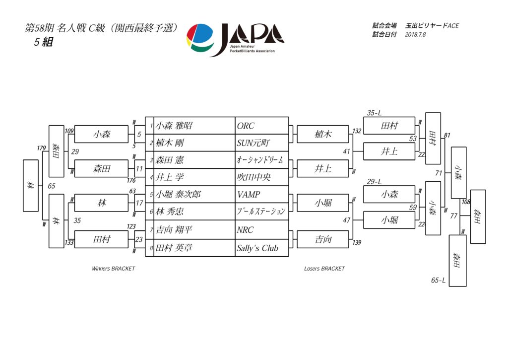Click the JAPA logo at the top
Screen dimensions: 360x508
coord(235,39)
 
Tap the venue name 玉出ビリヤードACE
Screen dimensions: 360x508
coord(432,25)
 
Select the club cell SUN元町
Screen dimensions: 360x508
coord(254,144)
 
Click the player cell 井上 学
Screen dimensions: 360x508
coord(171,177)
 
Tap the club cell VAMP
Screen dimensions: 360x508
coord(249,195)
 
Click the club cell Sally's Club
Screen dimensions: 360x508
coord(257,248)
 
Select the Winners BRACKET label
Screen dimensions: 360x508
coord(113,269)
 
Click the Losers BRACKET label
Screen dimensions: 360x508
coord(324,269)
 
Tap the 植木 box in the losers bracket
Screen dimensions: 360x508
coord(323,135)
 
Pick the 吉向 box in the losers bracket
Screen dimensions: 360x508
coord(323,240)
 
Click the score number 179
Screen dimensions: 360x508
coord(41,148)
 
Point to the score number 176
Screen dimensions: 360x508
coord(131,180)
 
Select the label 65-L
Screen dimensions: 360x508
coord(438,281)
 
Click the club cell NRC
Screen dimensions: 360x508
coord(245,230)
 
